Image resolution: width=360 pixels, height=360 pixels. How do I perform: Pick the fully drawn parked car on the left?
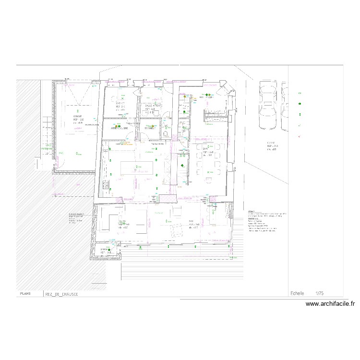267,105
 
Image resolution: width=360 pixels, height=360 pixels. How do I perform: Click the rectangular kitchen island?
137,168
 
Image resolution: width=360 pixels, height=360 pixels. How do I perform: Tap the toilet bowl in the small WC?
165,134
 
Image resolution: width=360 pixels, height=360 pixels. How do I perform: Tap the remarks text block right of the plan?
262,221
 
